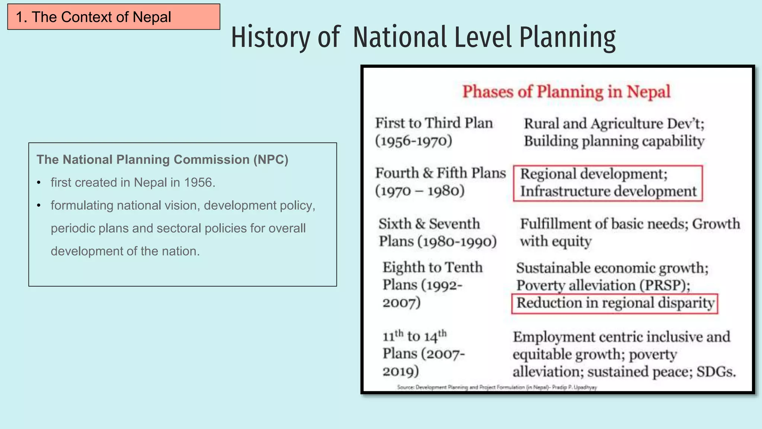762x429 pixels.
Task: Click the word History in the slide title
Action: tap(270, 37)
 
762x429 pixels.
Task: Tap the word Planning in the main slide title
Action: tap(567, 37)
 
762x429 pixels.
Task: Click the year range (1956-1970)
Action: tap(413, 141)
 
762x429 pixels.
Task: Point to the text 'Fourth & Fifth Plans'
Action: tap(440, 173)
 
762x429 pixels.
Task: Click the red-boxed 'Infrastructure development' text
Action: tap(608, 191)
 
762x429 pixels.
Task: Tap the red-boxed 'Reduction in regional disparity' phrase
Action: tap(615, 303)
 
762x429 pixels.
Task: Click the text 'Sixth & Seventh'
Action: tap(429, 224)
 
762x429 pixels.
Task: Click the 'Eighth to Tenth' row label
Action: tap(432, 268)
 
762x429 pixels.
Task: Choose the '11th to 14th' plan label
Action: tap(414, 336)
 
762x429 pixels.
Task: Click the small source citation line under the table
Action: tap(497, 387)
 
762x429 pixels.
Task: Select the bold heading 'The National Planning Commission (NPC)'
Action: tap(162, 160)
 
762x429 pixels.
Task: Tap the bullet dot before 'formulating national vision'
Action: tap(39, 206)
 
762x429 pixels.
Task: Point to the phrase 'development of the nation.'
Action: tap(125, 251)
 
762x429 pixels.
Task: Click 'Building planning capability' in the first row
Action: tap(614, 142)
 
